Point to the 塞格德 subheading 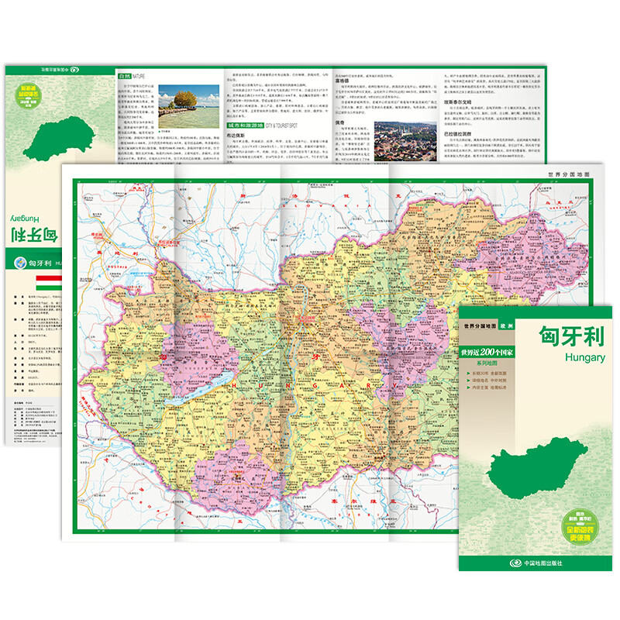pyautogui.click(x=345, y=77)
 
